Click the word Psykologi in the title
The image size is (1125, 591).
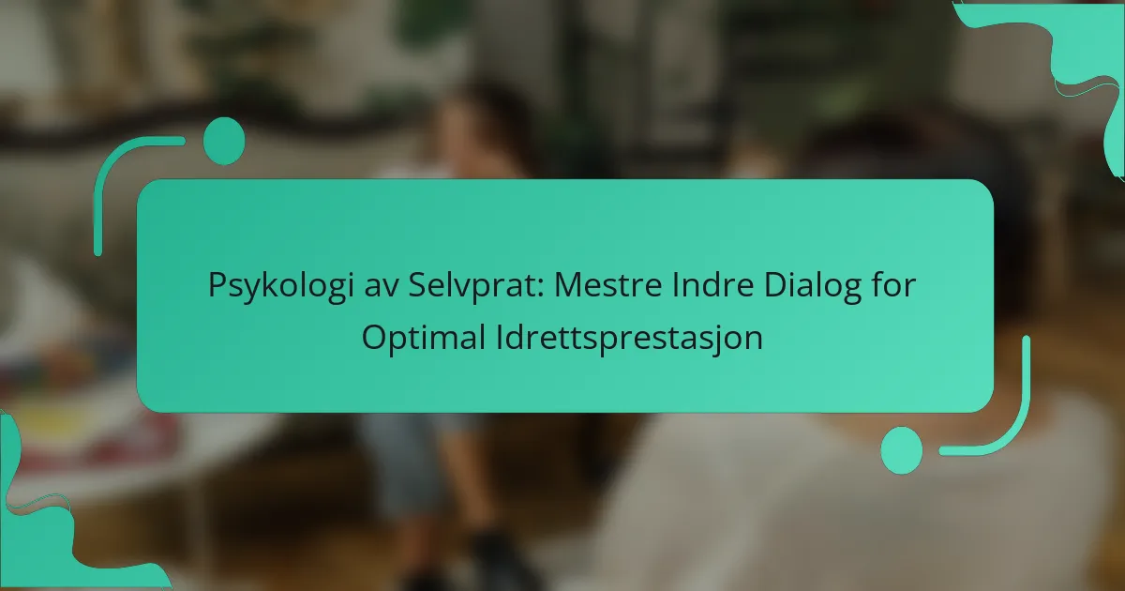point(278,286)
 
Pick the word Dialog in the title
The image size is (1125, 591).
point(813,286)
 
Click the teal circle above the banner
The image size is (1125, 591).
point(224,141)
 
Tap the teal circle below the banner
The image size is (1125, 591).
point(902,450)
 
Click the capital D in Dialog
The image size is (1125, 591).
point(775,285)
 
